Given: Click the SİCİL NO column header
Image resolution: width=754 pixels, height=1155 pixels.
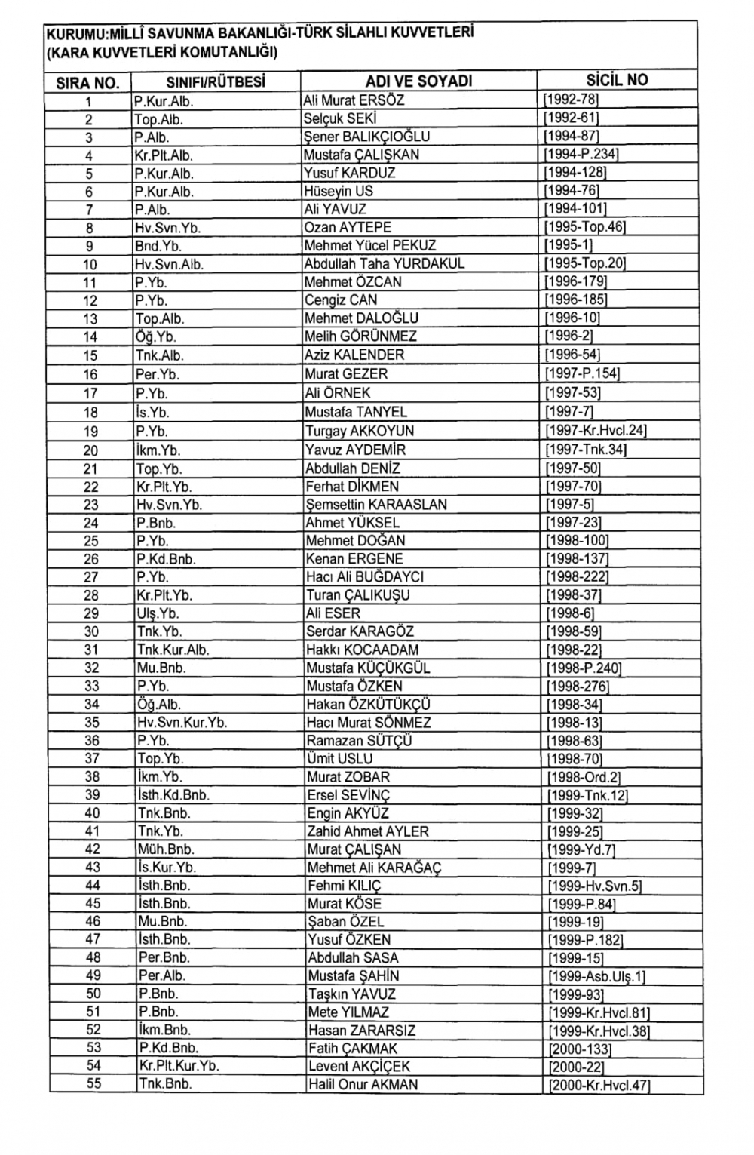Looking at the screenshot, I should click(617, 80).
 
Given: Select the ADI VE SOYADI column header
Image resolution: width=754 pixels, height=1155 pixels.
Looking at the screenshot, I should click(418, 81).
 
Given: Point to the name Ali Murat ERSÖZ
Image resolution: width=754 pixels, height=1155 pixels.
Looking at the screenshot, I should click(354, 100).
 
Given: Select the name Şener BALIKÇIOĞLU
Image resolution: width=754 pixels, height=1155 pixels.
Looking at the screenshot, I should click(366, 137).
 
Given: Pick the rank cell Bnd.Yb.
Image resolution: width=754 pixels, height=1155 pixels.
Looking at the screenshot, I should click(158, 246).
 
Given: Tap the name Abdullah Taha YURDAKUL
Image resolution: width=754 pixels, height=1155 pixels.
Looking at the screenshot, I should click(385, 264).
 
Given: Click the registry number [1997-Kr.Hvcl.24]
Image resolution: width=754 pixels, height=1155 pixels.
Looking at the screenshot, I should click(596, 431).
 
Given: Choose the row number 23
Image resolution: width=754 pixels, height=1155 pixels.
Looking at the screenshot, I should click(90, 505).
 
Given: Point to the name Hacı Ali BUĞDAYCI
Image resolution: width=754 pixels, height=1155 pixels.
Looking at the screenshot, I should click(365, 577).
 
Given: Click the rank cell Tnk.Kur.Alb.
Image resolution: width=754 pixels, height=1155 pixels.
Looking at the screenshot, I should click(173, 650).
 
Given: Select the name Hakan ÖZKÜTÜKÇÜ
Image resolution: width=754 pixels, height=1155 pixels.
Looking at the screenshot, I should click(369, 705).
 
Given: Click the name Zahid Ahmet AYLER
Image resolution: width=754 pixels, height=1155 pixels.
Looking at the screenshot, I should click(368, 831).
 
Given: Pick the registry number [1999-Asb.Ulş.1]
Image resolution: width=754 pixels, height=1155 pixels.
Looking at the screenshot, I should click(596, 976).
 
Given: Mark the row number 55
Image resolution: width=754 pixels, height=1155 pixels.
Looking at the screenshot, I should click(93, 1084).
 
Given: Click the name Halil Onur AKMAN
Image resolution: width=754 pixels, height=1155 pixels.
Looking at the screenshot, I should click(363, 1085).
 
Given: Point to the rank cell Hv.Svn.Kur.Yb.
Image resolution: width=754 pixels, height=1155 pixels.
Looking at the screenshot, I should click(182, 723).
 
